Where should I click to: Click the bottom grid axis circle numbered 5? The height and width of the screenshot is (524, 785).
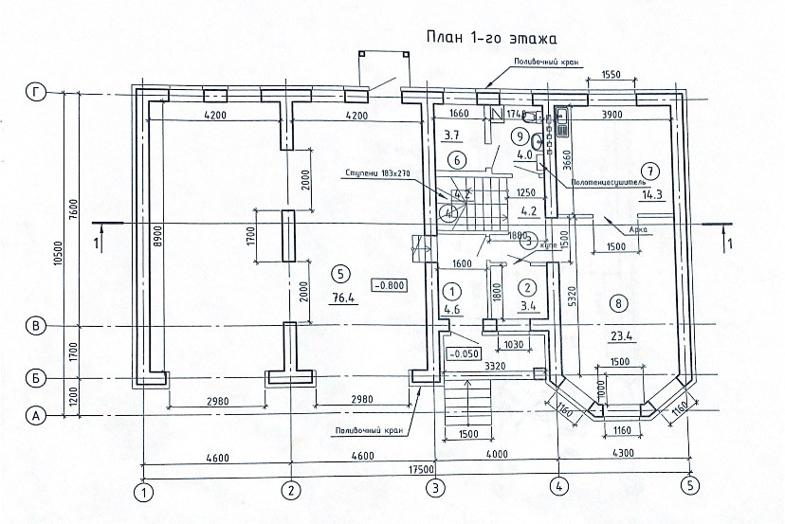pyautogui.click(x=689, y=487)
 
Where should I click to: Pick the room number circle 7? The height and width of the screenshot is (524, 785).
pyautogui.click(x=649, y=167)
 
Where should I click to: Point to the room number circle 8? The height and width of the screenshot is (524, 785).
pyautogui.click(x=618, y=304)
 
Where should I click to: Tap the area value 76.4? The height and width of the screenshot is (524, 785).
pyautogui.click(x=340, y=298)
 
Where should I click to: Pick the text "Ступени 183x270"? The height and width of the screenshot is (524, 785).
pyautogui.click(x=379, y=174)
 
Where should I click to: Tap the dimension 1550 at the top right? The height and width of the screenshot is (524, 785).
pyautogui.click(x=611, y=75)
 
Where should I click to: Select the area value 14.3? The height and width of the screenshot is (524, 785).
pyautogui.click(x=651, y=196)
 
